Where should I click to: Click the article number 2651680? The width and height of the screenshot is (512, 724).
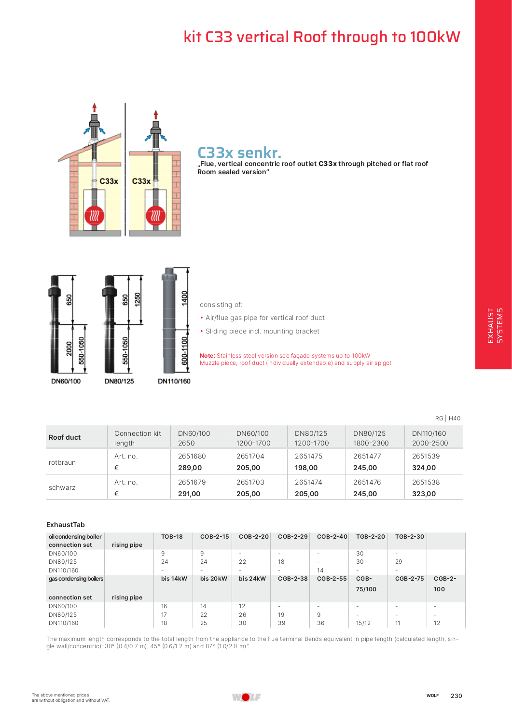[x=192, y=456]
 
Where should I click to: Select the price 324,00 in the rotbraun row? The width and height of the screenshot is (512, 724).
[x=424, y=468]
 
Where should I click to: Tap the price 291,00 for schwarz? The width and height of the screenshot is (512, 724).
[x=189, y=494]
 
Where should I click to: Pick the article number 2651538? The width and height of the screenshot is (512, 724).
[x=426, y=482]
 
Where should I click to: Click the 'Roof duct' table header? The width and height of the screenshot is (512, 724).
[x=65, y=437]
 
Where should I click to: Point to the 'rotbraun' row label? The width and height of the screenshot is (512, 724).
[x=62, y=462]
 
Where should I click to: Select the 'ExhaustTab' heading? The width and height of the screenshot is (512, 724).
[x=66, y=525]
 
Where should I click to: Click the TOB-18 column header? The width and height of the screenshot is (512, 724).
[x=172, y=537]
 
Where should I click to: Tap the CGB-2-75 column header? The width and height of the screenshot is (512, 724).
[x=409, y=579]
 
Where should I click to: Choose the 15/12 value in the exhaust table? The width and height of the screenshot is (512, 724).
[x=363, y=623]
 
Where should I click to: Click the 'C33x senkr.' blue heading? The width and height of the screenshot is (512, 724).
[x=239, y=153]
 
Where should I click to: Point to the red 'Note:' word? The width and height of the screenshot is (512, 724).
[x=208, y=356]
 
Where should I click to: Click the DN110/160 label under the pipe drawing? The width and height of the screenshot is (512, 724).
[x=174, y=381]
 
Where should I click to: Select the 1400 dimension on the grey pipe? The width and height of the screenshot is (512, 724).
[x=184, y=298]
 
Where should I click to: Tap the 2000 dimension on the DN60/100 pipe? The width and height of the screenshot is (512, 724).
[x=69, y=348]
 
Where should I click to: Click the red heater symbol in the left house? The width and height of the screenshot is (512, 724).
[x=95, y=215]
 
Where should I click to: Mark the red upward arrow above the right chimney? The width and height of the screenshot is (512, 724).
[x=155, y=114]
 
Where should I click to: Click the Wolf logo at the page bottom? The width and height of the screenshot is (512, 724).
[x=246, y=697]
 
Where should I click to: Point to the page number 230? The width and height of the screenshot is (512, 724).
[x=456, y=696]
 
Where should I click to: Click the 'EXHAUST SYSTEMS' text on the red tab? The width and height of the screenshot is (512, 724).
[x=495, y=326]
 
